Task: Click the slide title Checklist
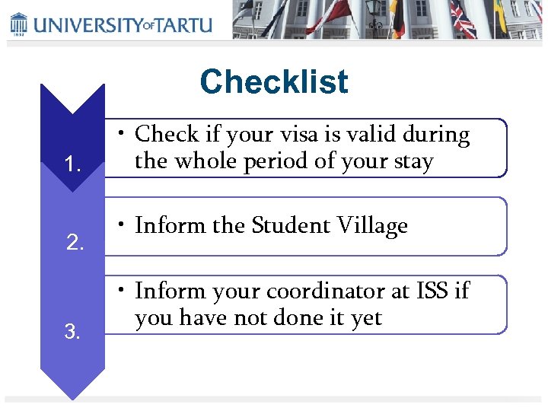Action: click(x=273, y=82)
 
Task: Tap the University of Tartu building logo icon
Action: click(x=18, y=24)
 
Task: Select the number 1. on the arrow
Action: click(x=73, y=164)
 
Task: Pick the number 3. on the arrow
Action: click(x=72, y=331)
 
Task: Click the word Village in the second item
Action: click(x=370, y=225)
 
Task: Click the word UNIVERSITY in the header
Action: click(x=84, y=24)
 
